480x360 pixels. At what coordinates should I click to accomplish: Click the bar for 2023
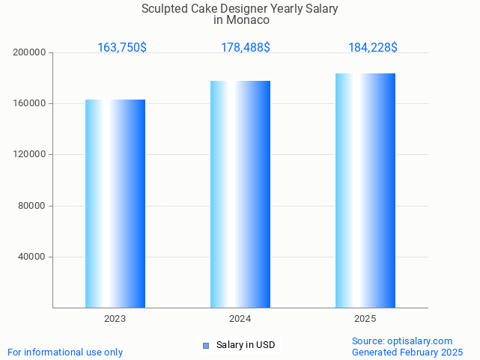(115, 204)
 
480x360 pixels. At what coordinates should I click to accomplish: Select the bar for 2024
(240, 194)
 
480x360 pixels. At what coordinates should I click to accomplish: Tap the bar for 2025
(365, 190)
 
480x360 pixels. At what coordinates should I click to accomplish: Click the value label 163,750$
(122, 48)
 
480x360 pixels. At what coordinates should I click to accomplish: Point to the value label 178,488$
(246, 48)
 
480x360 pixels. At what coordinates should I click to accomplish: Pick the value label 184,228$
(373, 48)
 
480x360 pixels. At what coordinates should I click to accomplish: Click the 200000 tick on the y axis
(30, 53)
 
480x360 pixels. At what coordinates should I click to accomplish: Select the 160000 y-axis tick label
(30, 104)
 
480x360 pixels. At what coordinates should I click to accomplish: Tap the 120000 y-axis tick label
(30, 155)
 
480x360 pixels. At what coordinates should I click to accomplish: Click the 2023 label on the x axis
(115, 319)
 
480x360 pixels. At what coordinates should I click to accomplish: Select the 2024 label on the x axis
(240, 319)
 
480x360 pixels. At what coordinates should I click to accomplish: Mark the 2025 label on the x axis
(365, 319)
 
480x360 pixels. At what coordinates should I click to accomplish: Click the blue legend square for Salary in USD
(206, 345)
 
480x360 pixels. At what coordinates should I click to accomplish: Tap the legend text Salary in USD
(246, 345)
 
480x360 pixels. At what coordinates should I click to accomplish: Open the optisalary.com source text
(419, 341)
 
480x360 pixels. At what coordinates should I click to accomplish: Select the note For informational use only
(65, 352)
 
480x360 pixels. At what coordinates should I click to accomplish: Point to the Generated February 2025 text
(407, 352)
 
